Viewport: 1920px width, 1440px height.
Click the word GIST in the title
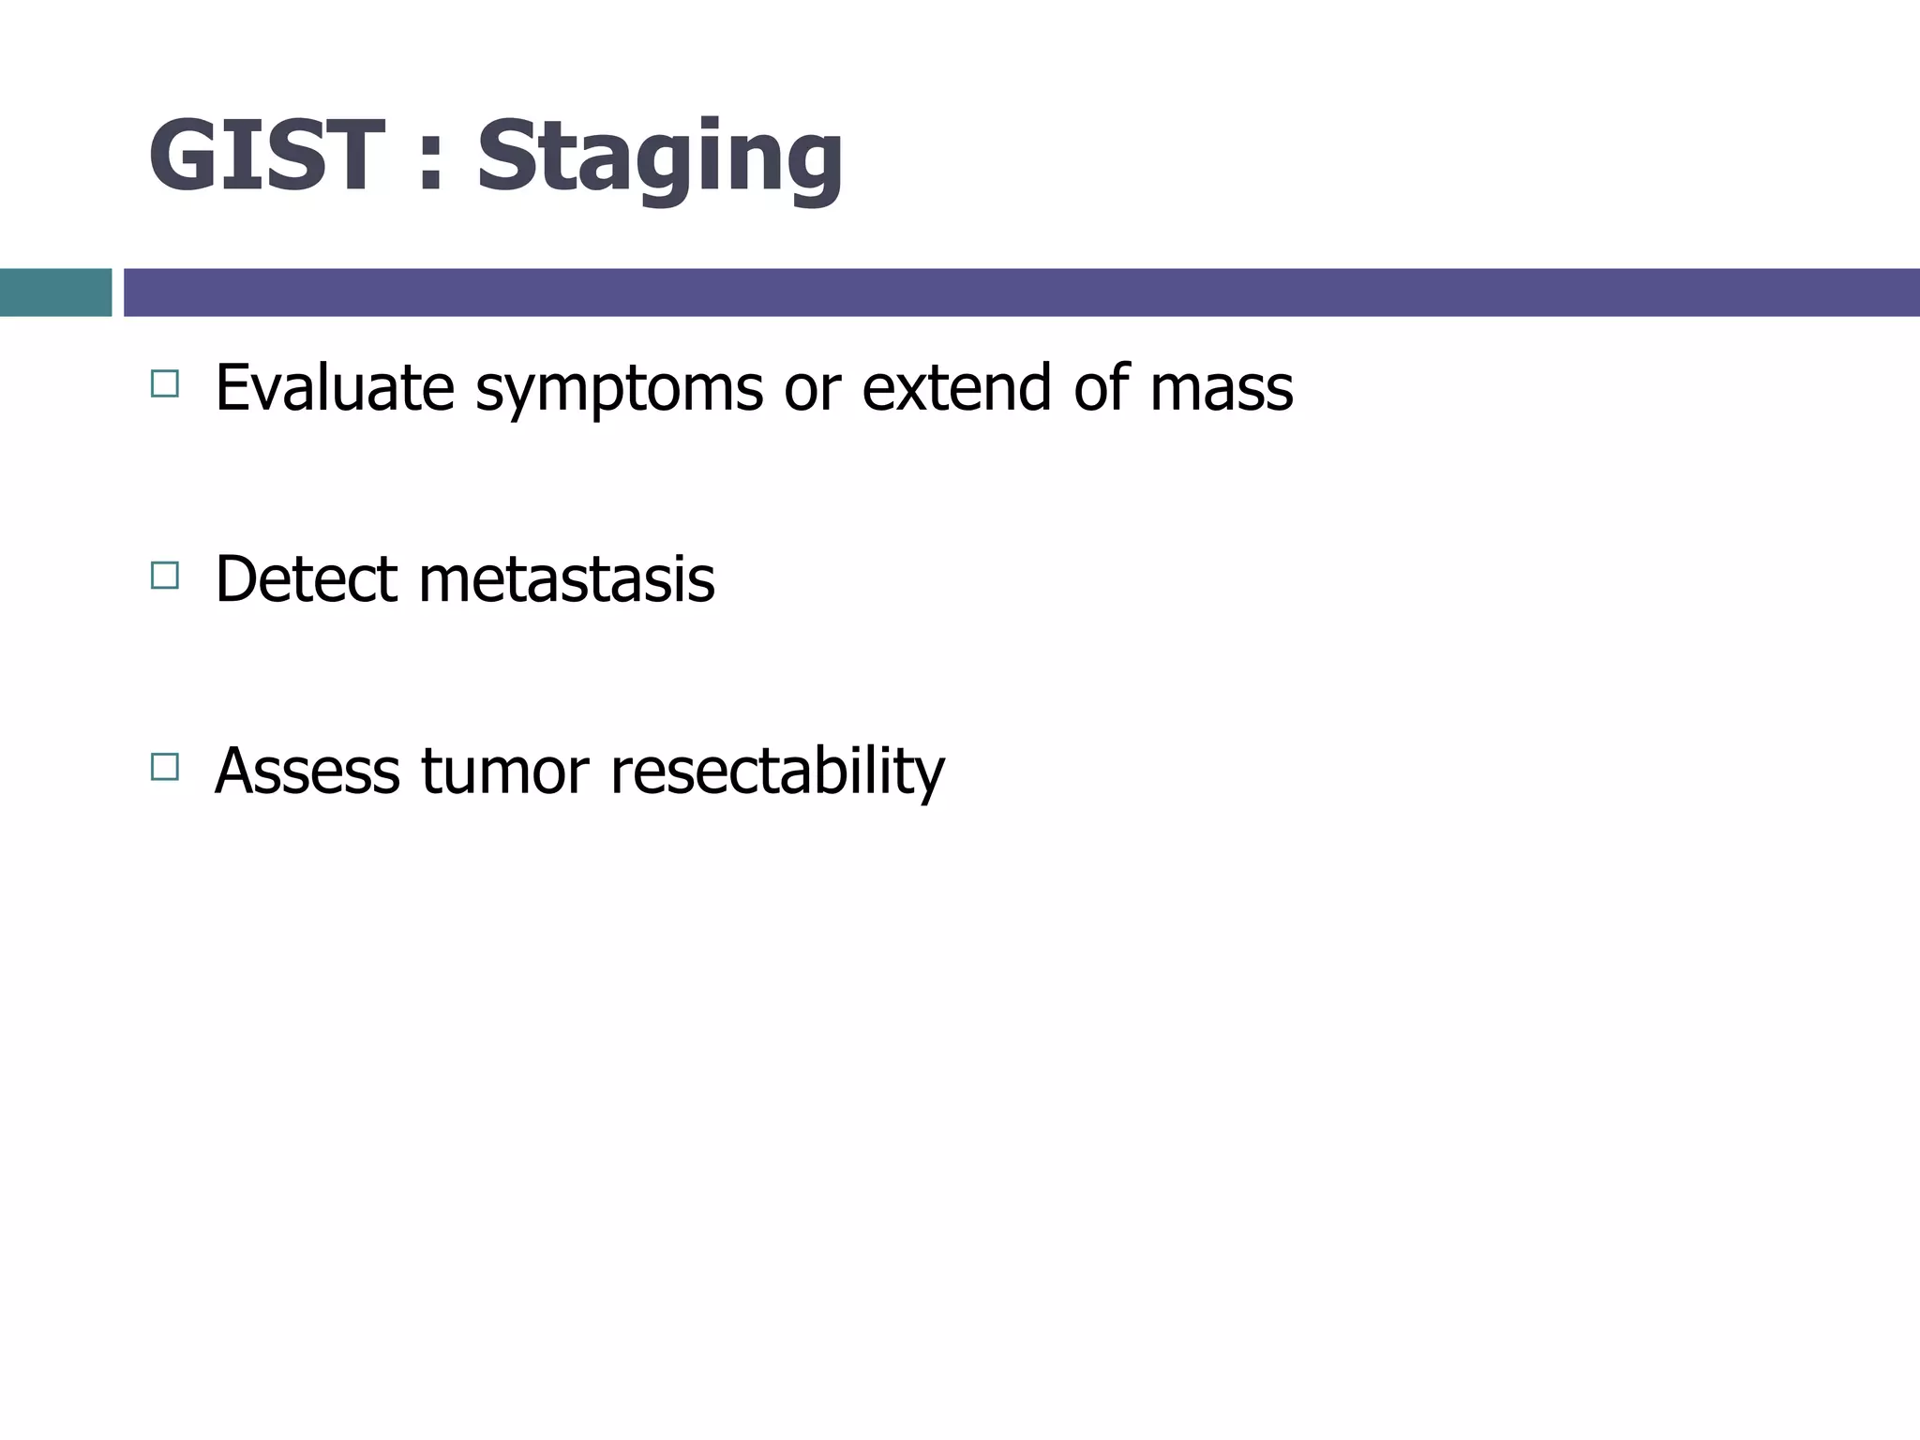click(266, 157)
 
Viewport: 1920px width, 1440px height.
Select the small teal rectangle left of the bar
click(55, 292)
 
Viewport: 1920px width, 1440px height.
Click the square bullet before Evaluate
click(164, 383)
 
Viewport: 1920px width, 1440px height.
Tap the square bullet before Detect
click(164, 575)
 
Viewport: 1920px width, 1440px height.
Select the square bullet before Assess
click(164, 767)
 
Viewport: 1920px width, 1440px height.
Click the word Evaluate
click(335, 387)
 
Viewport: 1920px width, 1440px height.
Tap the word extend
click(956, 387)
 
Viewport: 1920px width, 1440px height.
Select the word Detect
click(306, 578)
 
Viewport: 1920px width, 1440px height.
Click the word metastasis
click(566, 580)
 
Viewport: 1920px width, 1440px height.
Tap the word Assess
click(307, 771)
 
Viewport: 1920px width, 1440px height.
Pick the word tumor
click(504, 772)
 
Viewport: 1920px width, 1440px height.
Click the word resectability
click(777, 772)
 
